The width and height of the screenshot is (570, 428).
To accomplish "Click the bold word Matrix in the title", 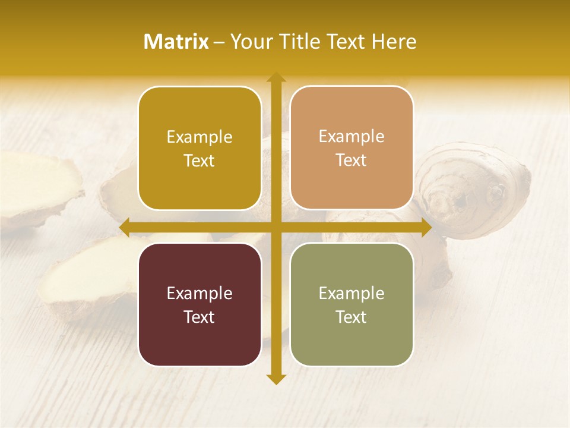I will click(x=176, y=42).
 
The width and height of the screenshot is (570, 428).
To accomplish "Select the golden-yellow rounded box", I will click(x=199, y=148).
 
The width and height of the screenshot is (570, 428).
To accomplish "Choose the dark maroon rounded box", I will click(x=199, y=304).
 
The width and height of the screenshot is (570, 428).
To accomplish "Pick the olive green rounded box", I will click(x=351, y=304).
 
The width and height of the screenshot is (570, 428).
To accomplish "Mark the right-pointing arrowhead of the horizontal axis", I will click(x=426, y=227).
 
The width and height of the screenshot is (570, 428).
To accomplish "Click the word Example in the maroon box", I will click(x=199, y=293).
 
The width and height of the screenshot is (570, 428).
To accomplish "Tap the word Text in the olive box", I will click(x=351, y=317).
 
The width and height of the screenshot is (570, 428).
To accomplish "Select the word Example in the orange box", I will click(x=351, y=136).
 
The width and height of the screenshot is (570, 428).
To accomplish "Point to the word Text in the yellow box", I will click(x=199, y=160).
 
